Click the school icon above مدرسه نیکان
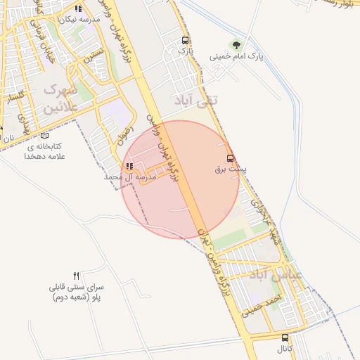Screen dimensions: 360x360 (78, 9)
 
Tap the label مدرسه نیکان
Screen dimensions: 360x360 (78, 19)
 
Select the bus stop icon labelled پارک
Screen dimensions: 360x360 (185, 40)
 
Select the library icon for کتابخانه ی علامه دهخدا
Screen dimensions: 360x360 (45, 135)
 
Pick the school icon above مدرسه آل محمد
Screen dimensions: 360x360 (129, 167)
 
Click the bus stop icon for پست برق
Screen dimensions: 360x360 (230, 159)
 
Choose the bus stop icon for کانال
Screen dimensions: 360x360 (285, 337)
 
